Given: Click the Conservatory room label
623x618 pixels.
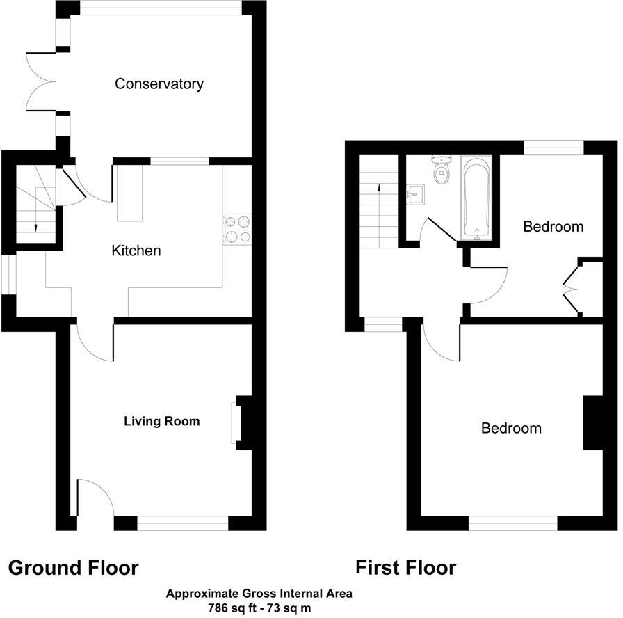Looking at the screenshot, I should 159,84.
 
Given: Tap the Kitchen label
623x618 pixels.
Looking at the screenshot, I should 136,251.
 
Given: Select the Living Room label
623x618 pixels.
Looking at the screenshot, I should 161,421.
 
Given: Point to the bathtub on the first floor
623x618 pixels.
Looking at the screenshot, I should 477,198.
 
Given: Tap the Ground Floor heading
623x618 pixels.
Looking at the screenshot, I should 73,568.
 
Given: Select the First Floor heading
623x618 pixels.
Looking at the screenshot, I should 405,568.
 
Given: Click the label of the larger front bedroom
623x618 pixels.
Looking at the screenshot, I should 511,428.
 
